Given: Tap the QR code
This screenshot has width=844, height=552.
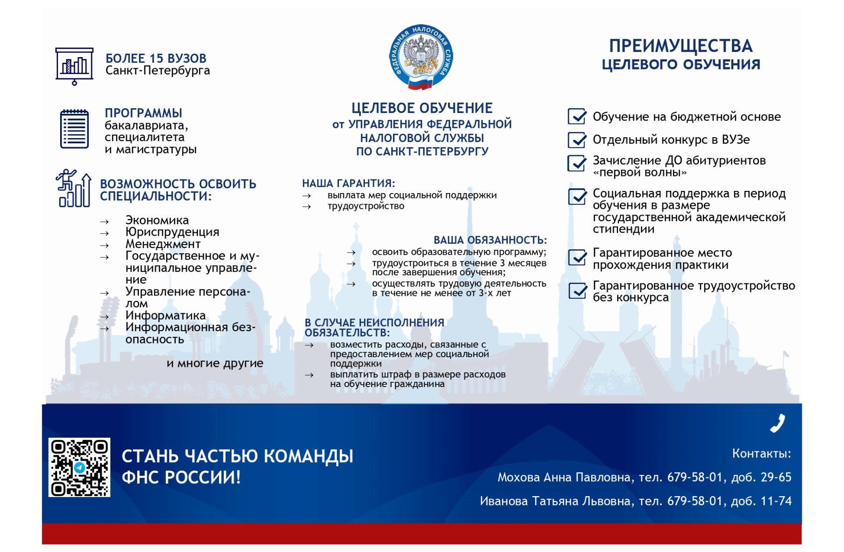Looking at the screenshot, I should point(79,467).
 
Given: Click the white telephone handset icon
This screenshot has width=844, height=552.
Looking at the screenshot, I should point(777,423).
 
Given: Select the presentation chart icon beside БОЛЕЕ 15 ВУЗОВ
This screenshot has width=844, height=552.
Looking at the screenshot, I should point(74,66).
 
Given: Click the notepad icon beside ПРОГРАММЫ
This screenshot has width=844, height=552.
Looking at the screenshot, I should point(74,129).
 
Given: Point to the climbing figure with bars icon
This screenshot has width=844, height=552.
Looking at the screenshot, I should point(73,188).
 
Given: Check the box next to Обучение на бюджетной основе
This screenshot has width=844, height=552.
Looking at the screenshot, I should point(577,117).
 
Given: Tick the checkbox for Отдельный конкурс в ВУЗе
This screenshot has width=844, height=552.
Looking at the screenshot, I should point(577,140).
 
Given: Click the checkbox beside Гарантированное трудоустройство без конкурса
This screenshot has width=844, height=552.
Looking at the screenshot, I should point(578,291).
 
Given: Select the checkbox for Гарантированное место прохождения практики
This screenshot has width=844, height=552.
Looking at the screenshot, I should point(577,258).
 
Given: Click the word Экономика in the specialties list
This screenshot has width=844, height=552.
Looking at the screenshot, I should point(157,220).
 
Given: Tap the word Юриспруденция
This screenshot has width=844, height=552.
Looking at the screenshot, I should point(172,232).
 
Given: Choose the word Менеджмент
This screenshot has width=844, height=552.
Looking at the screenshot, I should point(163,244).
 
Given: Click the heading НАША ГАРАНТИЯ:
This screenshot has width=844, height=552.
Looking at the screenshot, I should point(349,183).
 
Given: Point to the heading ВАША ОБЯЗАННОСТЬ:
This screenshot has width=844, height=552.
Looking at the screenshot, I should point(490,240).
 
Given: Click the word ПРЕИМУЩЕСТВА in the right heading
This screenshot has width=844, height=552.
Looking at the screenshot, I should point(680,46).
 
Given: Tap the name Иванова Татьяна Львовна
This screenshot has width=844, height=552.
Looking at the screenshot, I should point(555,501).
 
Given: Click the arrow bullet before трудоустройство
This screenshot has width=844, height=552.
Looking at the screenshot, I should point(307,207).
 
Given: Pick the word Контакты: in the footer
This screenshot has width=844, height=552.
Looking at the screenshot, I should point(761,453).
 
